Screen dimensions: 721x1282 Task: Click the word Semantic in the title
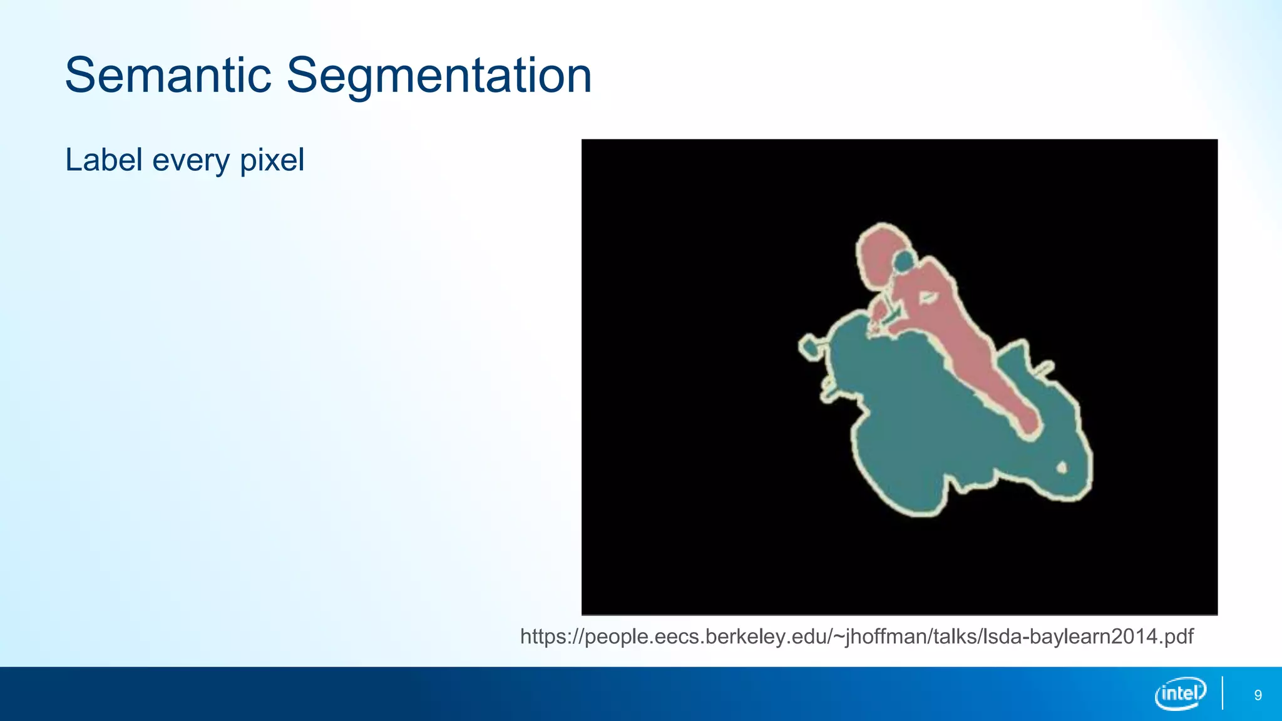(168, 76)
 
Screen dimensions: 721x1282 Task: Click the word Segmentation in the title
(438, 76)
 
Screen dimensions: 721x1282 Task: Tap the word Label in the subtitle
(104, 160)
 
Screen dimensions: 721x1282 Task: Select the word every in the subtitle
(191, 161)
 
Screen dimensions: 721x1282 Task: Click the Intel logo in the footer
(1180, 693)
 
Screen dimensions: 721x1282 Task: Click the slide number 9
(1258, 695)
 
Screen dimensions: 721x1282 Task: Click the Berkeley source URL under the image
(856, 637)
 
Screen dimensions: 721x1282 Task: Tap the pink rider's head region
(879, 253)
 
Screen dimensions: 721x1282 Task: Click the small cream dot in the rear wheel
(1062, 468)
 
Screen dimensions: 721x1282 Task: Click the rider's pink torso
(933, 300)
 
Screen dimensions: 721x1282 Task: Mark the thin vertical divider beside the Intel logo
(1222, 693)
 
